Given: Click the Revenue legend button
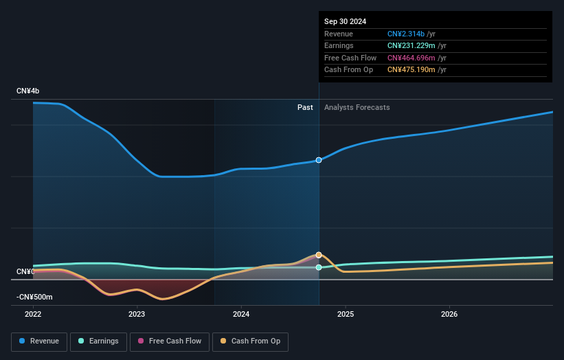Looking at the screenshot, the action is click(x=39, y=341).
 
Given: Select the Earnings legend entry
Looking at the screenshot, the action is click(x=98, y=341).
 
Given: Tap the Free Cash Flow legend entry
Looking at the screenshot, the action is click(x=170, y=341).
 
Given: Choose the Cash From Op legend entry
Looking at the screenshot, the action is click(x=250, y=341).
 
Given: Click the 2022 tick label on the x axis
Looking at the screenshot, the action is click(x=33, y=315).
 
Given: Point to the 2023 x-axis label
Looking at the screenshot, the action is click(x=137, y=315).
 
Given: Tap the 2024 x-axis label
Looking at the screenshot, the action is click(x=241, y=315).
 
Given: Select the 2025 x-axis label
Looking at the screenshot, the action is click(x=346, y=315).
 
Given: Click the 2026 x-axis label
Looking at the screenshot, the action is click(x=449, y=315).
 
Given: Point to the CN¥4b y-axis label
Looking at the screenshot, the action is click(x=27, y=91).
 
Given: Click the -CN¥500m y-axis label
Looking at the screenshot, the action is click(x=34, y=297).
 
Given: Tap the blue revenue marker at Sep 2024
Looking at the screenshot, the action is click(x=319, y=160).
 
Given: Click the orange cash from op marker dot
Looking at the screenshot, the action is click(x=319, y=255).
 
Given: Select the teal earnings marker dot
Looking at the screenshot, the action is click(x=319, y=267).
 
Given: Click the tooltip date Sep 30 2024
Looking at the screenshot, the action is click(x=345, y=21).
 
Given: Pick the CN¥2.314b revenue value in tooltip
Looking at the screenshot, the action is click(x=406, y=34).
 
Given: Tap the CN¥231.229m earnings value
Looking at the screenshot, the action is click(x=411, y=45).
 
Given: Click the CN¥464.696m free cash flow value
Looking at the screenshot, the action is click(x=411, y=58).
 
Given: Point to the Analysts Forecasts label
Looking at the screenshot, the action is click(x=357, y=108).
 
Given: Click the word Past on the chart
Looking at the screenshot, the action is click(x=305, y=108).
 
